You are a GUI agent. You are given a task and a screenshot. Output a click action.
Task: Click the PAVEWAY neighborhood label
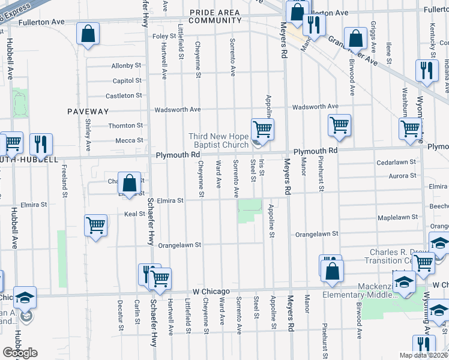pos(88,112)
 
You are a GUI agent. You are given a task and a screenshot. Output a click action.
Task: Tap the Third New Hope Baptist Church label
pos(218,140)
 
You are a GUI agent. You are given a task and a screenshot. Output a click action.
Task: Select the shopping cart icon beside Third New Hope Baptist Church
pos(262,129)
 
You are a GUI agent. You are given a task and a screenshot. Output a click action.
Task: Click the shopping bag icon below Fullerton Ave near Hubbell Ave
pos(88,36)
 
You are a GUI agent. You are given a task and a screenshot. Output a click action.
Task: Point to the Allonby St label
pos(126,65)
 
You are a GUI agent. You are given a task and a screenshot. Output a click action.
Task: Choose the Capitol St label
pos(127,80)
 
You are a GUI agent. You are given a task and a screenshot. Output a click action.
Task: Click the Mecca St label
pos(130,140)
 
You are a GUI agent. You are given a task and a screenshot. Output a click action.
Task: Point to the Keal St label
pos(134,214)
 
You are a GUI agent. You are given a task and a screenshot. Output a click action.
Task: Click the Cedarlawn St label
pos(396,163)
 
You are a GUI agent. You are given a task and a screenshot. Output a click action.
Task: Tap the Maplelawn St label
pos(397,217)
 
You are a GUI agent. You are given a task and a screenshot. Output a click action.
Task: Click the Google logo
pos(20,352)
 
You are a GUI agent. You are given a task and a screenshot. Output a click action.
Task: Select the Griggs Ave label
pos(373,38)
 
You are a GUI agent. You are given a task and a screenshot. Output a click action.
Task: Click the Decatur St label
pos(121,316)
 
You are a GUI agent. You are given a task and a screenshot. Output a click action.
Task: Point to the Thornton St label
pos(125,125)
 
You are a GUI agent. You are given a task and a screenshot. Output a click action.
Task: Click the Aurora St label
pos(404,176)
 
